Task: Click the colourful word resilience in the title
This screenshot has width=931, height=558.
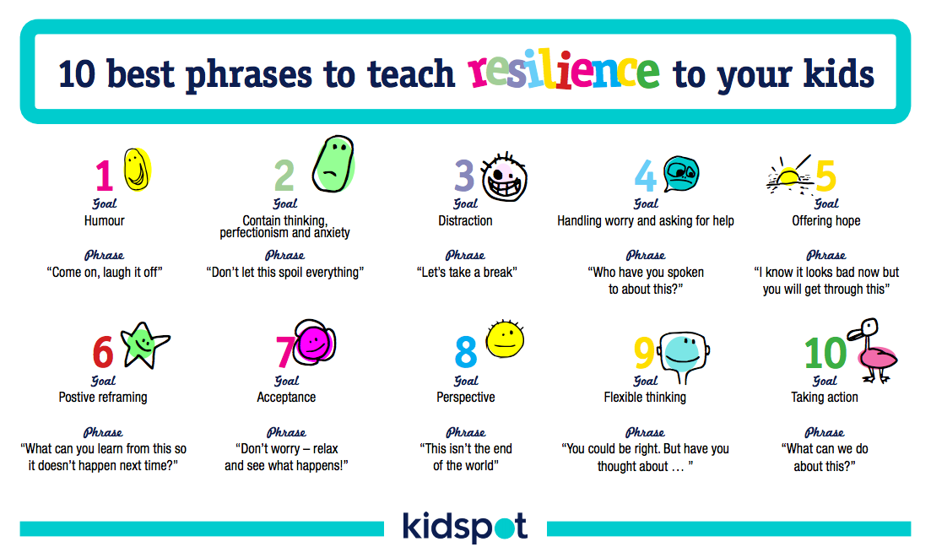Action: click(564, 71)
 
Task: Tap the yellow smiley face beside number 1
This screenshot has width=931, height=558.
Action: click(137, 169)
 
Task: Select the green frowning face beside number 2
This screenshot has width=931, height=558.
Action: click(333, 164)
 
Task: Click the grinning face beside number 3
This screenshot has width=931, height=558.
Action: click(504, 177)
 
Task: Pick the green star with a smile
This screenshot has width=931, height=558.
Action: click(144, 344)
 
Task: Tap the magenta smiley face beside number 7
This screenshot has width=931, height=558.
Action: click(315, 343)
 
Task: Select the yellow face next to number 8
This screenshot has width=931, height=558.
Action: click(505, 339)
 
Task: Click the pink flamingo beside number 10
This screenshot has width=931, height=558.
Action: click(874, 351)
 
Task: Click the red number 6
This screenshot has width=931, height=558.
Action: click(103, 351)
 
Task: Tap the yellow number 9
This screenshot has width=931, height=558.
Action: click(644, 352)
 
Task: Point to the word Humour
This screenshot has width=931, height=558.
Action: click(105, 221)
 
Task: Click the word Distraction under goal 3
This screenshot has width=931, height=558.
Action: click(466, 221)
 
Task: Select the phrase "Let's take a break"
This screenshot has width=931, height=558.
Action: click(467, 273)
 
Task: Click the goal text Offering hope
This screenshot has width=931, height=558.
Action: click(825, 221)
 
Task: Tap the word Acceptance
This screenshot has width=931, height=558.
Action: click(286, 397)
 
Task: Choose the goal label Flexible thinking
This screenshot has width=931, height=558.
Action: click(645, 397)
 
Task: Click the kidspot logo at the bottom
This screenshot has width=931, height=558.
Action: click(465, 526)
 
